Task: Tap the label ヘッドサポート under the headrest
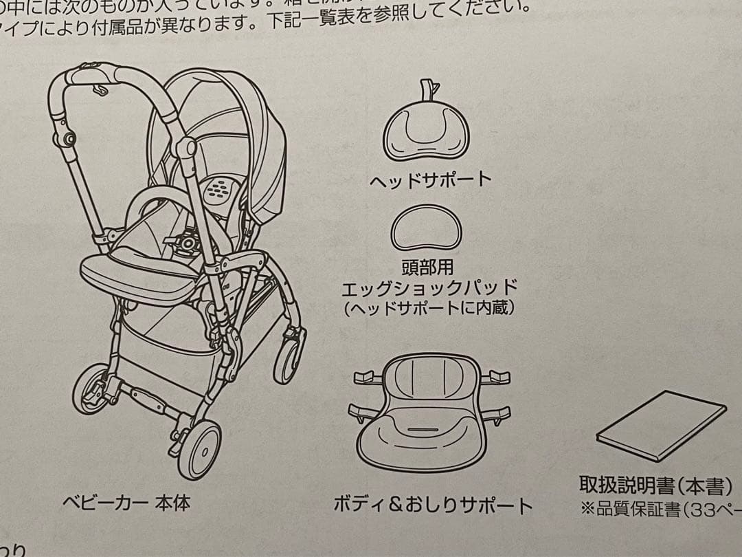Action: click(x=431, y=181)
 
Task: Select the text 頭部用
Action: click(x=427, y=266)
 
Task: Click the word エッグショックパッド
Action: click(x=429, y=287)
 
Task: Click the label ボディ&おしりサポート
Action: click(x=433, y=505)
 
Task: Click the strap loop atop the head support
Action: click(x=427, y=89)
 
